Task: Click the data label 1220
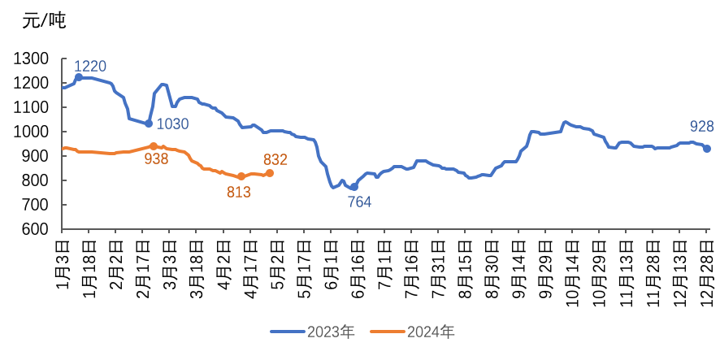(90, 67)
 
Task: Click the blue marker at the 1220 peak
(79, 77)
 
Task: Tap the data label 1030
(172, 124)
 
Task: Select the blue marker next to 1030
(149, 124)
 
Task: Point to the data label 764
(360, 202)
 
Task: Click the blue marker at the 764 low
(354, 187)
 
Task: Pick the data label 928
(701, 126)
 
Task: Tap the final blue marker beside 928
(707, 149)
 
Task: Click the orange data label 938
(156, 158)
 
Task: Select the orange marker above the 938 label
(154, 146)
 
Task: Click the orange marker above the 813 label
(241, 176)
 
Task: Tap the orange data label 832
(275, 159)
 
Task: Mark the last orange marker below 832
(270, 173)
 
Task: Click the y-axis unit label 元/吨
(43, 21)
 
